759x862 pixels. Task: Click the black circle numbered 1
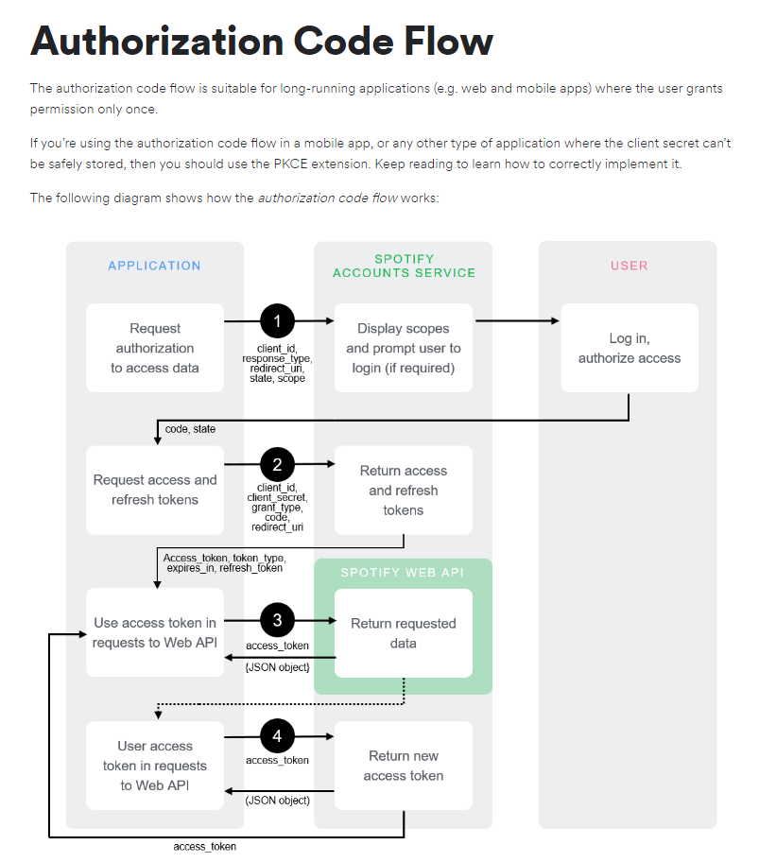[x=277, y=321]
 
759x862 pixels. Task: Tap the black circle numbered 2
[x=277, y=464]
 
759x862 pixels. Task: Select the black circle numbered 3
[x=277, y=620]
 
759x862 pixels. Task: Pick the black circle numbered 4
[x=277, y=735]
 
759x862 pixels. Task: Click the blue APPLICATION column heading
[x=154, y=266]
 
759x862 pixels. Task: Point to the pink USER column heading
[x=629, y=266]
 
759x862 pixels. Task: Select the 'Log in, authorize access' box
[x=629, y=348]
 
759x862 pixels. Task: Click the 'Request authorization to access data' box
[x=154, y=348]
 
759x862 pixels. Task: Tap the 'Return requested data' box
[x=404, y=633]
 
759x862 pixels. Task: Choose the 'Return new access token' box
[x=404, y=766]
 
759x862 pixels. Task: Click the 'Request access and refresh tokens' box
[x=154, y=490]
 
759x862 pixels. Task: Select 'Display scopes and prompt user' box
[x=404, y=348]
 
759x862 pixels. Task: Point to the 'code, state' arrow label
[x=190, y=429]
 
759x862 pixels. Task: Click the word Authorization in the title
[x=157, y=42]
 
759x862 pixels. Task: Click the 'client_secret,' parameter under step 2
[x=277, y=496]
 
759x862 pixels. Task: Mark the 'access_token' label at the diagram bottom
[x=204, y=846]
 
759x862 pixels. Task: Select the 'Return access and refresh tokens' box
[x=404, y=490]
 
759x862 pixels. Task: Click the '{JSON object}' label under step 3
[x=277, y=667]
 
